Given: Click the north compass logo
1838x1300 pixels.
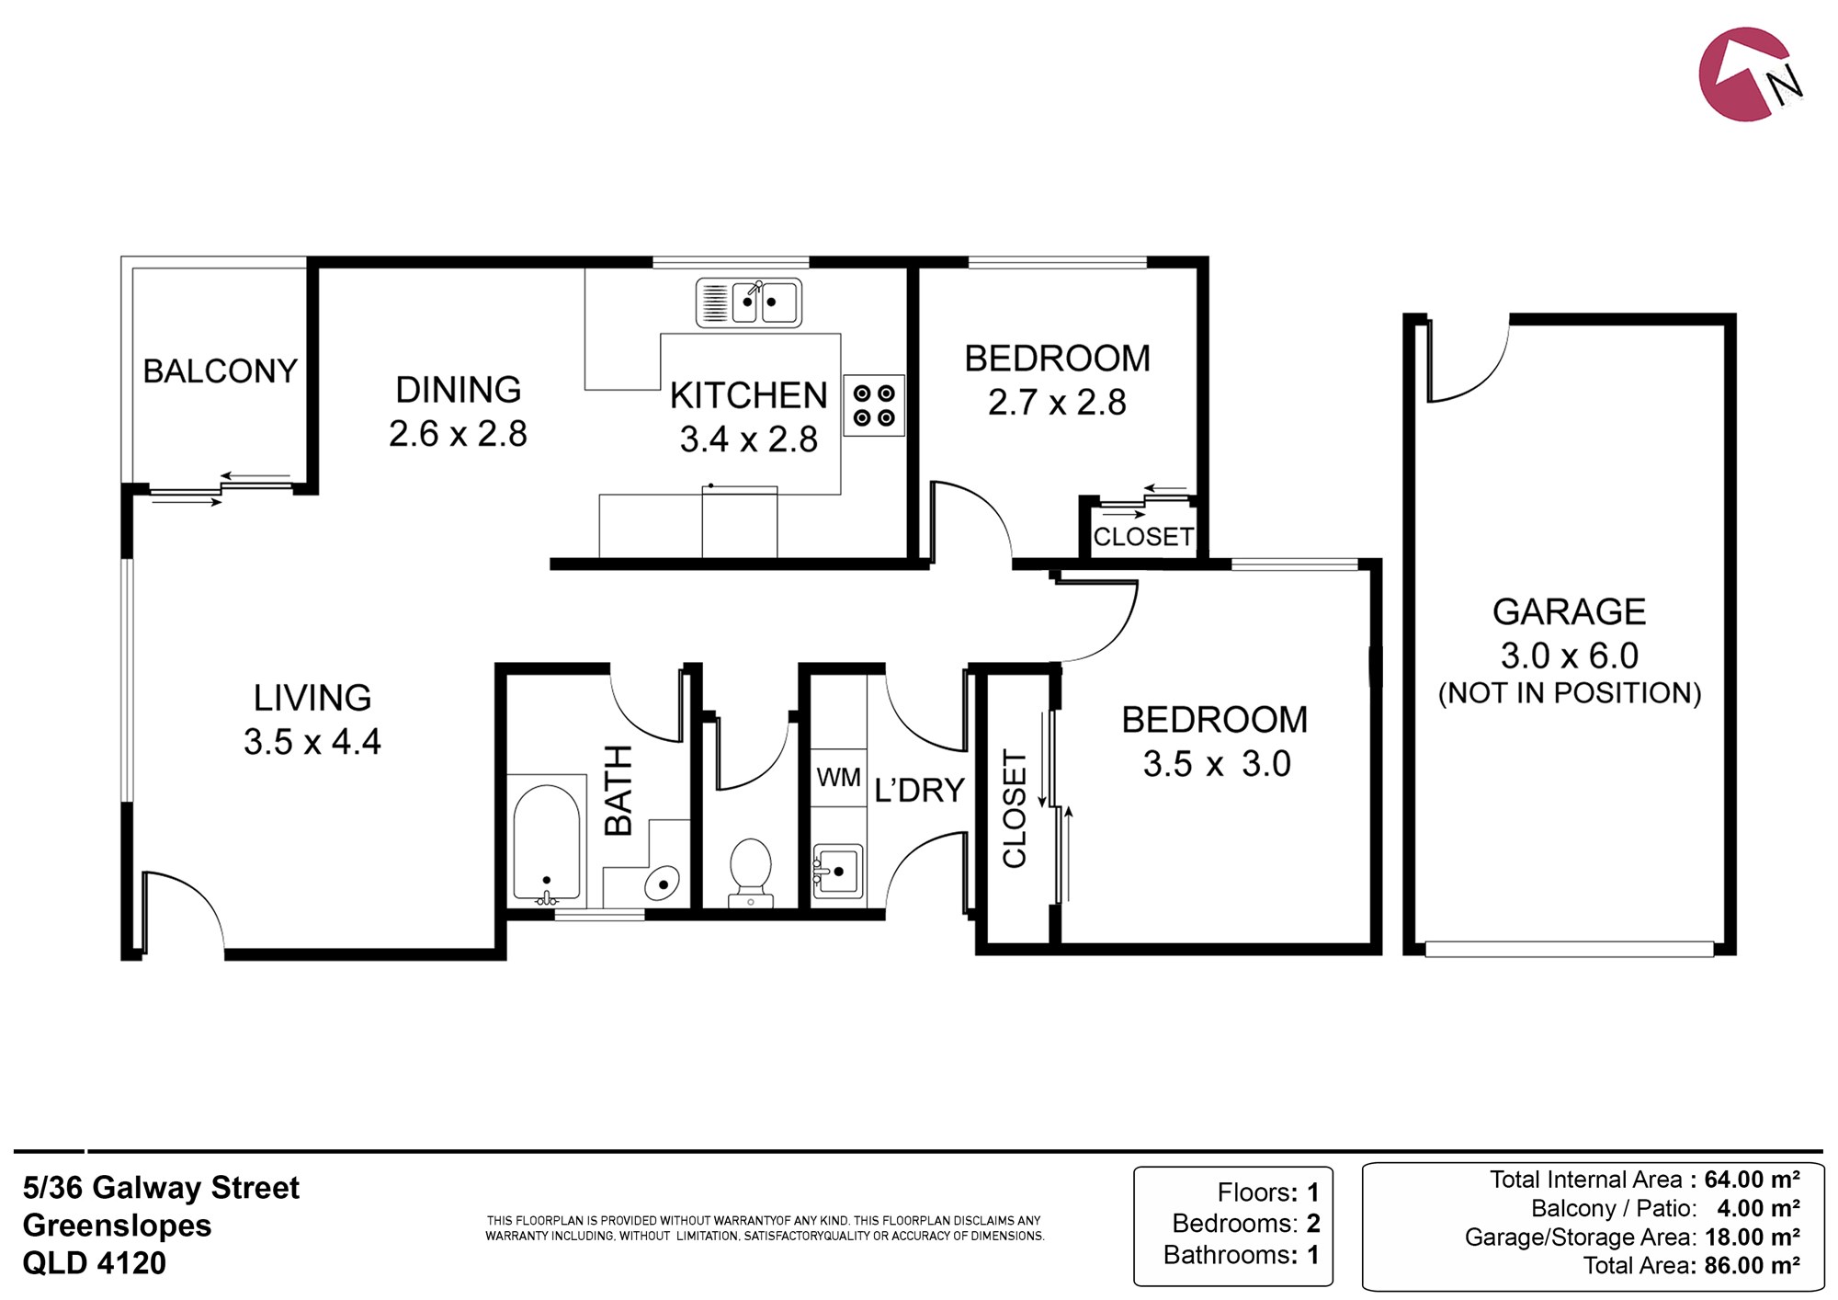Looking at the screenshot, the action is click(x=1747, y=74).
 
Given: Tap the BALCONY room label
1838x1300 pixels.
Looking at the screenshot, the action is click(x=221, y=371).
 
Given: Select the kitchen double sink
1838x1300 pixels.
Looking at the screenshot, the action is click(x=749, y=302).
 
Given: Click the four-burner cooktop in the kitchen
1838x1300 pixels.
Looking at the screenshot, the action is click(x=874, y=405).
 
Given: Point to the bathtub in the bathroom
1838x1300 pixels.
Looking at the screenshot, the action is click(x=547, y=841).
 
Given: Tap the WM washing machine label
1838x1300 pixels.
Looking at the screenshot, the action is click(x=839, y=778).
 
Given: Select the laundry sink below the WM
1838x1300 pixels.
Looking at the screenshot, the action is click(x=837, y=871).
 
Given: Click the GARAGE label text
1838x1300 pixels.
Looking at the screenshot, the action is click(x=1570, y=611).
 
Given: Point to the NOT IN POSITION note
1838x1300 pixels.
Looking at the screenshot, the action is click(x=1570, y=692).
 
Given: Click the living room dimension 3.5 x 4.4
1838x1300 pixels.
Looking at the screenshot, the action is click(x=312, y=741).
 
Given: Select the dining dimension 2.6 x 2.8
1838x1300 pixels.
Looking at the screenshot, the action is click(x=458, y=433).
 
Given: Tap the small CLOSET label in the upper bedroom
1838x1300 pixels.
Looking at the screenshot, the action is click(x=1143, y=536).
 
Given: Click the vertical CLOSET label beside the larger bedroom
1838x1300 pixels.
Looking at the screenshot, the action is click(x=1014, y=808).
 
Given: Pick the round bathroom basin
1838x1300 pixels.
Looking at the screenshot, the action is click(x=662, y=884).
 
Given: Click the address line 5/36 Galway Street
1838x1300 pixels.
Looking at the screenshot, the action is click(x=161, y=1188).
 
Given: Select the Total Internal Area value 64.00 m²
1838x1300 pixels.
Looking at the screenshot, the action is click(x=1752, y=1179).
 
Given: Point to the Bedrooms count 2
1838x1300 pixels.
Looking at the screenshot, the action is click(x=1313, y=1224).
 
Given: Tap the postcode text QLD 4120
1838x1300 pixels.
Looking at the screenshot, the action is click(x=94, y=1263).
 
